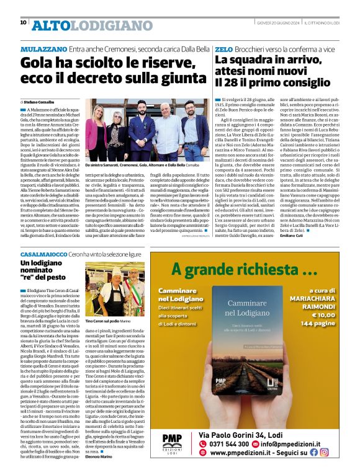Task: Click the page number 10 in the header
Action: coord(23,23)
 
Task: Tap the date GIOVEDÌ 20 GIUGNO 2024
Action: coord(282,23)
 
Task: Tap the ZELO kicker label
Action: coord(223,48)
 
